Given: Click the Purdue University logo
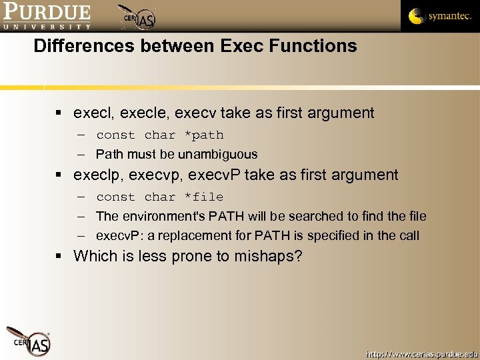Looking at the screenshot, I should coord(47,16).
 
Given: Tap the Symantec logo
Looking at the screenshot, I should coord(439,16).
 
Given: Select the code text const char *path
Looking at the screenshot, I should coord(160,135).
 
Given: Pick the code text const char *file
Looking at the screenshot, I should coord(160,197).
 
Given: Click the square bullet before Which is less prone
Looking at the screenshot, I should coord(60,256).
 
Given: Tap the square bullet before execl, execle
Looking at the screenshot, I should coord(60,113).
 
